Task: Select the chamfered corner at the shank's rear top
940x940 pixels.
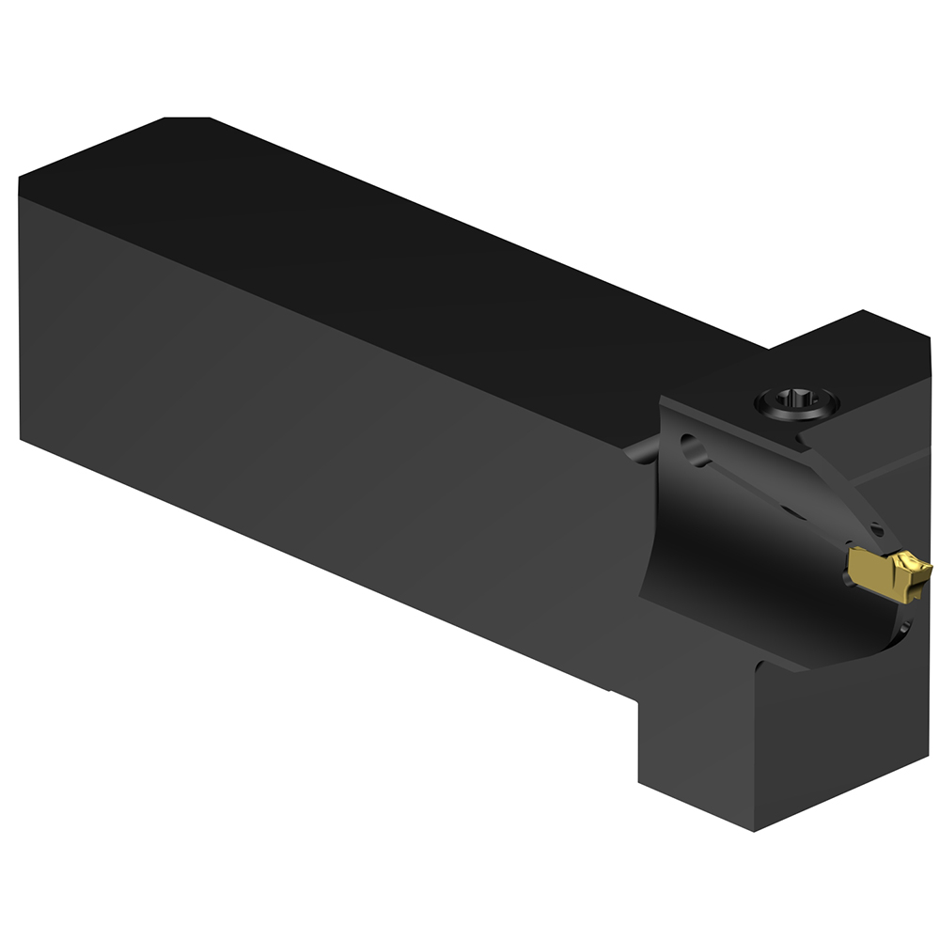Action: coord(186,118)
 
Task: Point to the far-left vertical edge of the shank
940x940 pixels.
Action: coord(20,310)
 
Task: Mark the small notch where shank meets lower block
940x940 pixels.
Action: coord(620,693)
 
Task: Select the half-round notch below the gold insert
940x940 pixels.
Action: coord(904,627)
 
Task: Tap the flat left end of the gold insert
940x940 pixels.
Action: coord(852,569)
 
